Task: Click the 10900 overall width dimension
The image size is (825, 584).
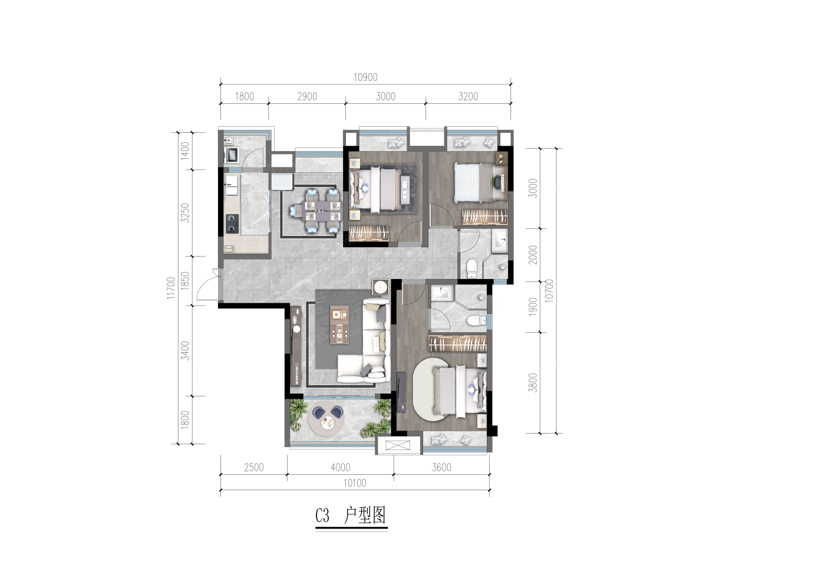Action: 365,77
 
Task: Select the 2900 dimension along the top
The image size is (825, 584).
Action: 307,97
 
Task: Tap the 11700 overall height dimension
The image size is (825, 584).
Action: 170,288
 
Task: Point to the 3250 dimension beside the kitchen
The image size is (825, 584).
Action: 185,213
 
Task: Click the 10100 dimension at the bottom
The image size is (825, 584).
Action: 355,483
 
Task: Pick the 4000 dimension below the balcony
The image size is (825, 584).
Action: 341,467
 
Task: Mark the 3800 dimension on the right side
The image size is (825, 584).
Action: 533,383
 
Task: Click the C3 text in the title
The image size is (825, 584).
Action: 322,516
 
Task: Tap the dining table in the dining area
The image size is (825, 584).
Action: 319,211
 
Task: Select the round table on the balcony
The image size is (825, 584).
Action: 326,422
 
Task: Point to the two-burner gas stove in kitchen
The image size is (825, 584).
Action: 232,224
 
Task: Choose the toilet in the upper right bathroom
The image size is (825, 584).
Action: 472,268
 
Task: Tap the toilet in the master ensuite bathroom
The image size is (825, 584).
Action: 477,320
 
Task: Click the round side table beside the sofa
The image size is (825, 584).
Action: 381,287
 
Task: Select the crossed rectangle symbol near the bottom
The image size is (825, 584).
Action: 398,445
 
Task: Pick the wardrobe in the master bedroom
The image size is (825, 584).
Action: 457,343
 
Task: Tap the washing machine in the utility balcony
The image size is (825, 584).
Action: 232,155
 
